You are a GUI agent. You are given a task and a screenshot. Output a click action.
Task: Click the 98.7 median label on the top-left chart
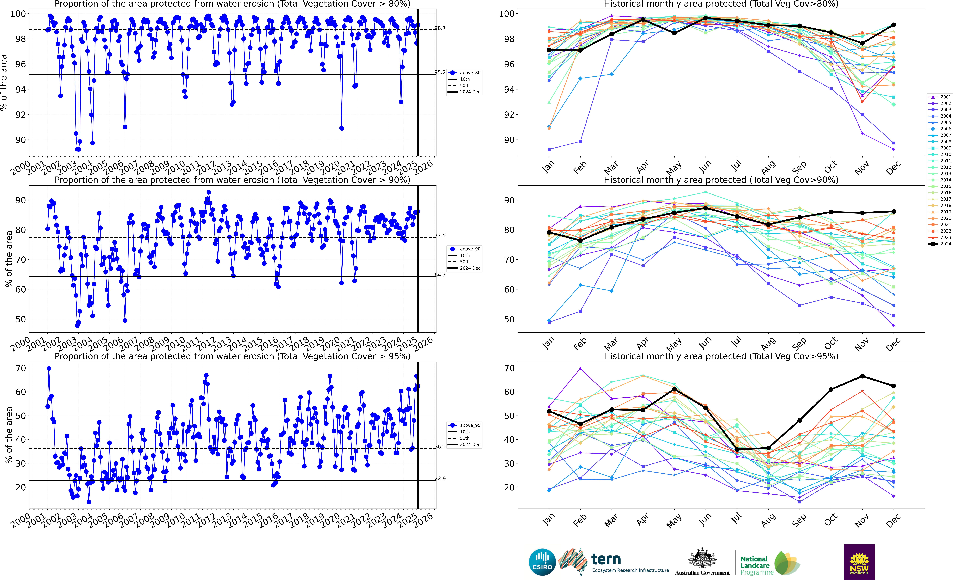click(440, 28)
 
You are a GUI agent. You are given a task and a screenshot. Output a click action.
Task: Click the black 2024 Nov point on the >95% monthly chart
click(862, 376)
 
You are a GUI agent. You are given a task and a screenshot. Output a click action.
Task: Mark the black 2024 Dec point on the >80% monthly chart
click(893, 25)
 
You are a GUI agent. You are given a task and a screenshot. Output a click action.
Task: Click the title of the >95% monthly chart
click(721, 356)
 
